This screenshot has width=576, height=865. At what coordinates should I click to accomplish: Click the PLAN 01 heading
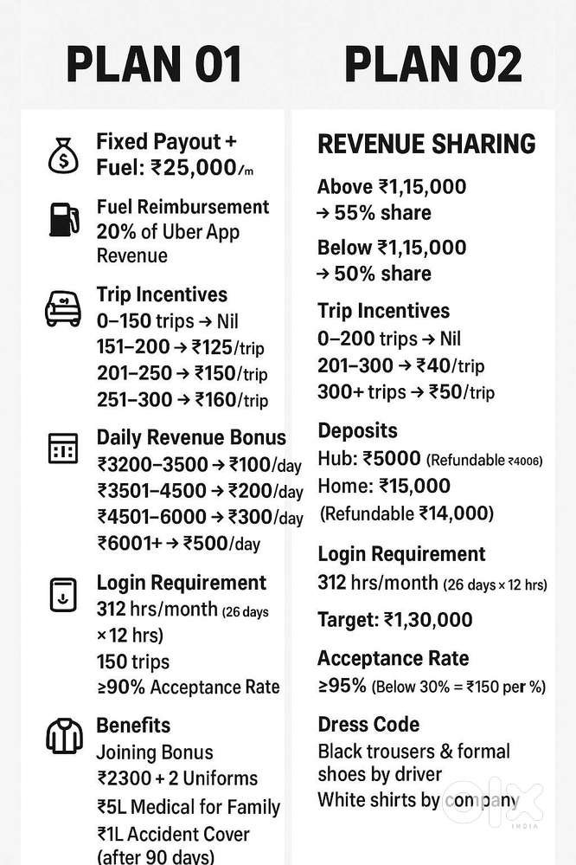click(155, 65)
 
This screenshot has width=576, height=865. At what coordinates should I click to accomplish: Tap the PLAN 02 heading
click(432, 65)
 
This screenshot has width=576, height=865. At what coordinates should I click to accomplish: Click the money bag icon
click(63, 155)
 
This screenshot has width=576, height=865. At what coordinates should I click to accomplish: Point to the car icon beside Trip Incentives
click(62, 307)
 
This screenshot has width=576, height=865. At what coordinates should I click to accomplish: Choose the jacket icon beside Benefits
click(62, 737)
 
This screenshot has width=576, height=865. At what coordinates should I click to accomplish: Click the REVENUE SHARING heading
click(426, 144)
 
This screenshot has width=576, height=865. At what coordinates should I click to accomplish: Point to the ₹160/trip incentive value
click(231, 400)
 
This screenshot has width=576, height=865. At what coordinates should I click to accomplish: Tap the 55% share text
click(383, 213)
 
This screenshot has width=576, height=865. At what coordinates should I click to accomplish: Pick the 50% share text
click(383, 274)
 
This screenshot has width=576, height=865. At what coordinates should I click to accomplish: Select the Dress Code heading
click(368, 724)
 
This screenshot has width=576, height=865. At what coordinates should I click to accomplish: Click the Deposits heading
click(357, 430)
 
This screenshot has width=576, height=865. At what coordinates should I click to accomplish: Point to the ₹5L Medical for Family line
click(188, 807)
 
